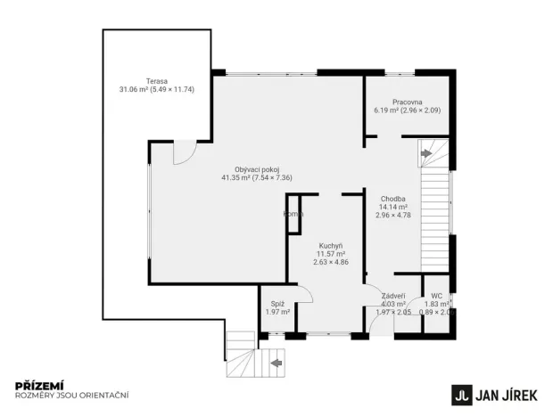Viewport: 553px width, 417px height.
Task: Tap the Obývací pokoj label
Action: pyautogui.click(x=257, y=169)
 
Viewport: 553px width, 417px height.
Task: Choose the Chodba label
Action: pyautogui.click(x=393, y=199)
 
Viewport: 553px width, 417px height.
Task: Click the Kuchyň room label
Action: pyautogui.click(x=332, y=245)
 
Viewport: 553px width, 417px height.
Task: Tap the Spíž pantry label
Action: pyautogui.click(x=277, y=304)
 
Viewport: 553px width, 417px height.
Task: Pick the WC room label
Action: pyautogui.click(x=436, y=296)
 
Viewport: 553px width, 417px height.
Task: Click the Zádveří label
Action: pyautogui.click(x=393, y=296)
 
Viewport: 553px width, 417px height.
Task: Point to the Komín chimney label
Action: pyautogui.click(x=293, y=214)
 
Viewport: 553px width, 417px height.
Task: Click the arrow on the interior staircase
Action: pyautogui.click(x=425, y=154)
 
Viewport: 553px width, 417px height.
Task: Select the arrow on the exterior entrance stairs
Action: pyautogui.click(x=276, y=363)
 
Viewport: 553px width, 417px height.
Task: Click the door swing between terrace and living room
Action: pyautogui.click(x=181, y=153)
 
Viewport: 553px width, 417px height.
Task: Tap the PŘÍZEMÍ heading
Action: pyautogui.click(x=36, y=385)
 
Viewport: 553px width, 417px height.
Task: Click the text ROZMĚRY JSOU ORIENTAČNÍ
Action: pyautogui.click(x=72, y=395)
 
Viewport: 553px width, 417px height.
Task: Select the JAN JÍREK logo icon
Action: pyautogui.click(x=461, y=393)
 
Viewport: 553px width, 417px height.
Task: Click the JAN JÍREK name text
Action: pyautogui.click(x=509, y=393)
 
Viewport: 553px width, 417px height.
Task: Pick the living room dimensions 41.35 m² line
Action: pyautogui.click(x=257, y=178)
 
